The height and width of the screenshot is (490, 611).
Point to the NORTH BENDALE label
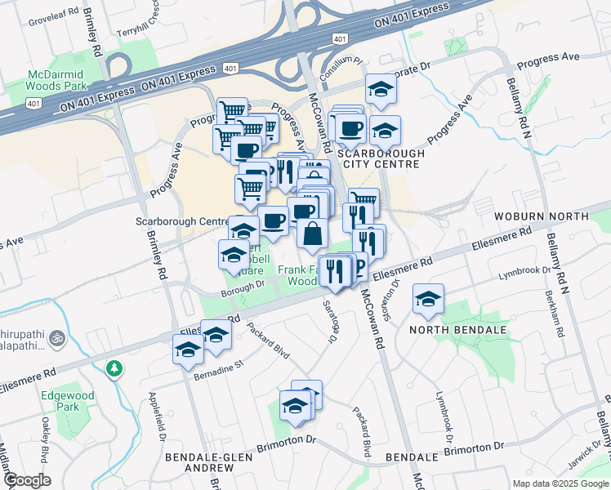[x=457, y=330]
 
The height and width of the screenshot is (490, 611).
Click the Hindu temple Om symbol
[x=57, y=336]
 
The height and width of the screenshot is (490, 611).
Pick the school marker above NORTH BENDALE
[x=427, y=299]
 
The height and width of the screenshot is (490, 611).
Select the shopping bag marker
[x=312, y=234]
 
